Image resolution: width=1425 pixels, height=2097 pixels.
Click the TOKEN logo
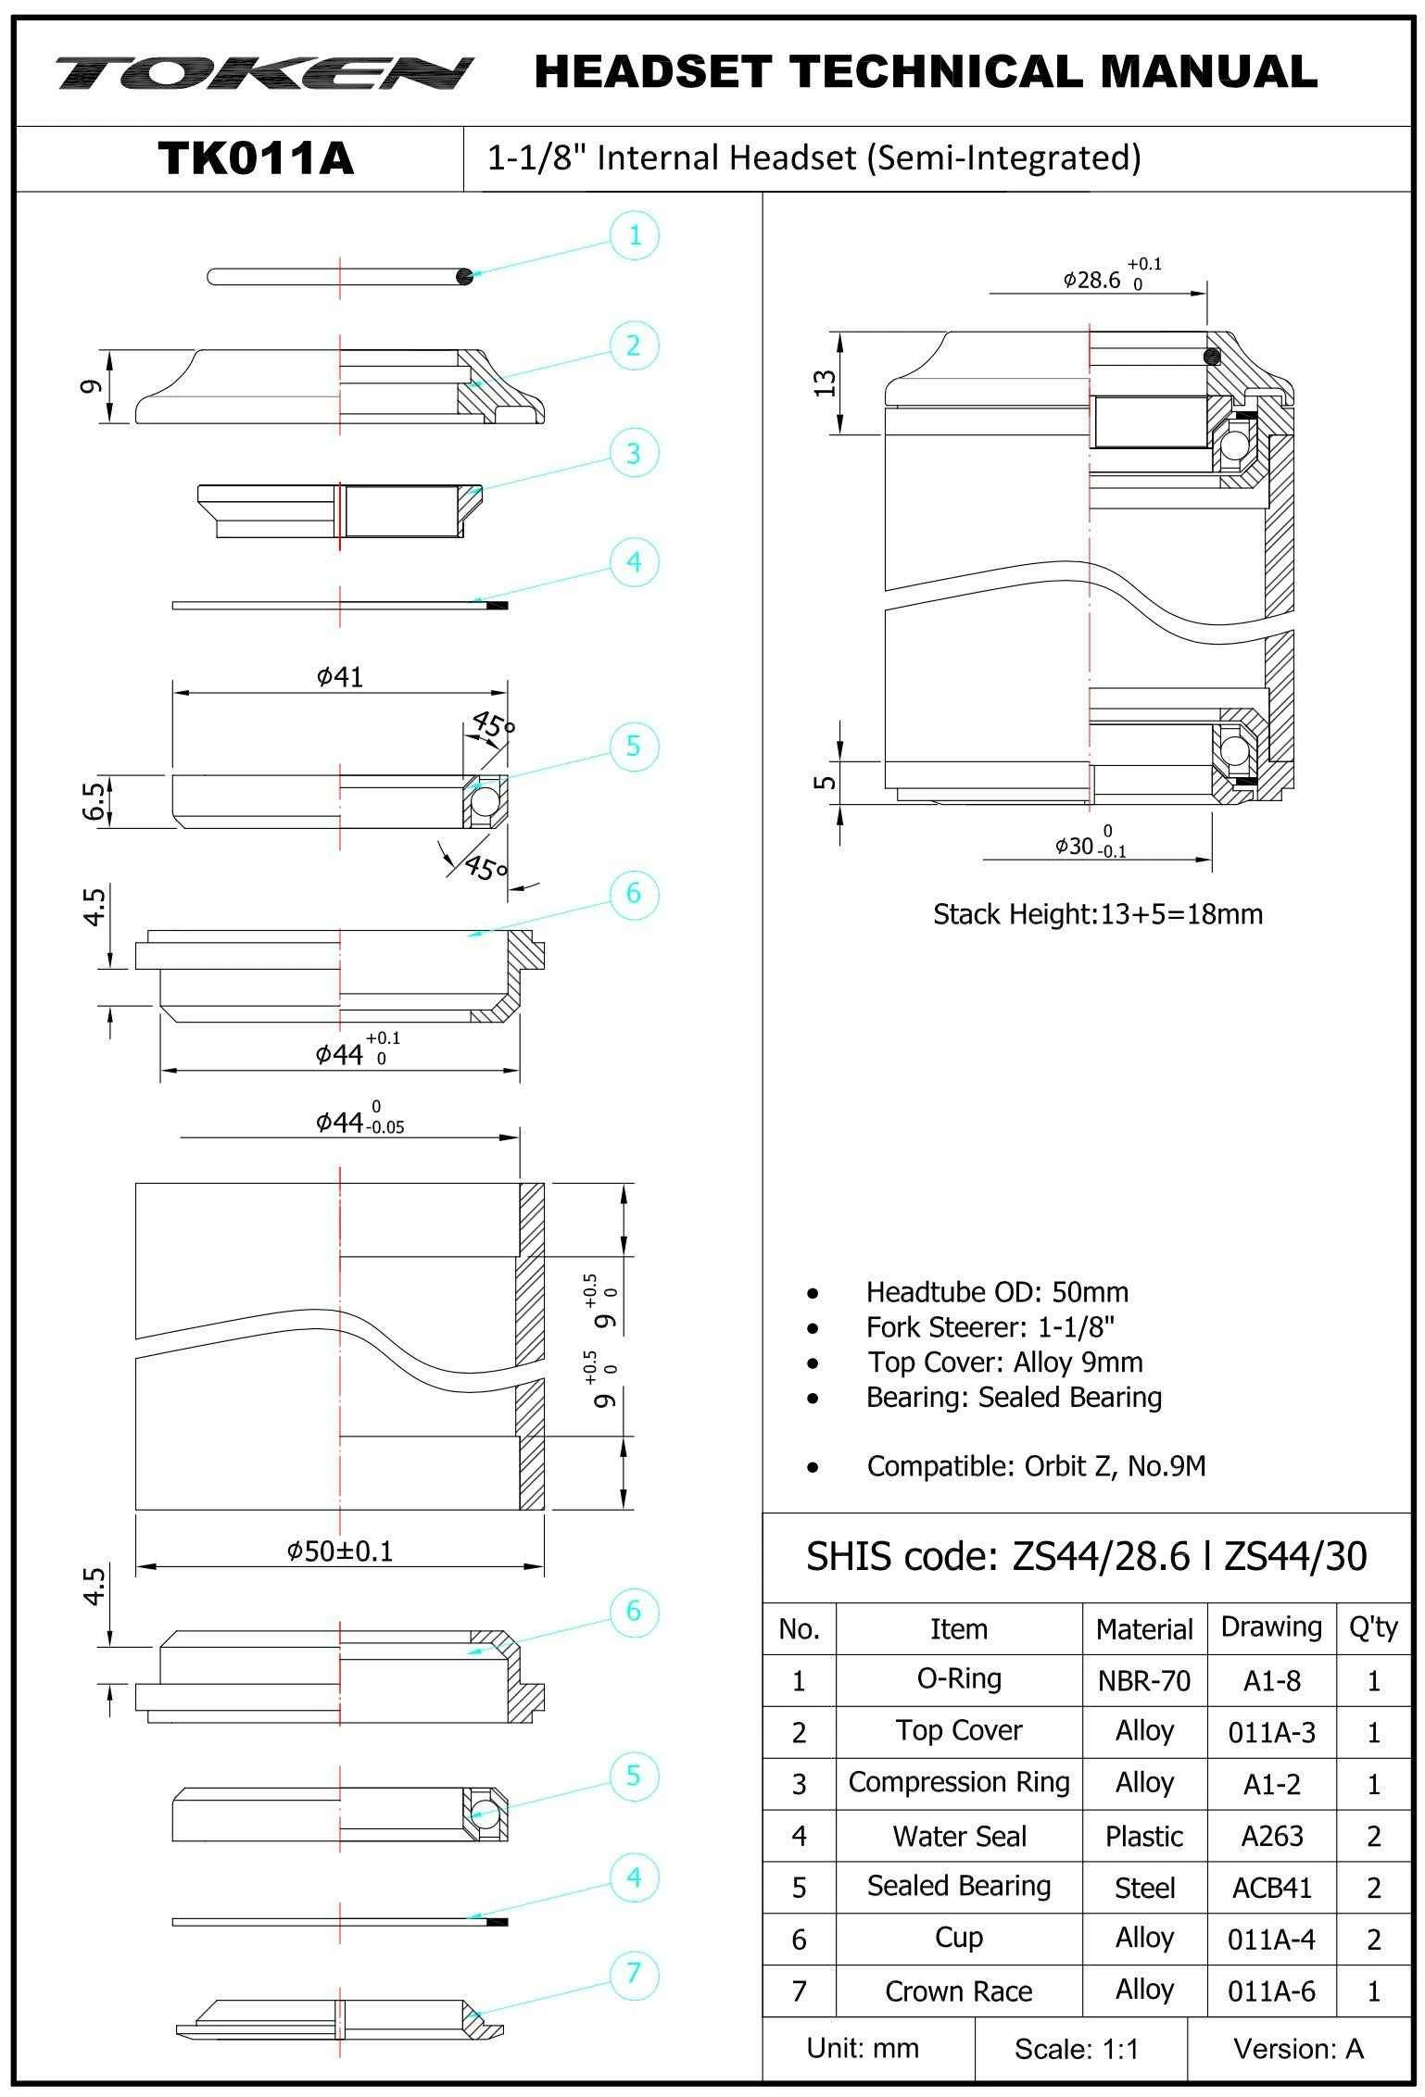pos(264,73)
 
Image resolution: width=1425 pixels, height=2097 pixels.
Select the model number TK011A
pos(256,158)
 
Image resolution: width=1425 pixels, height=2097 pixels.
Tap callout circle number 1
pos(635,235)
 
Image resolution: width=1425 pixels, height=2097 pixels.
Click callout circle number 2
pos(634,345)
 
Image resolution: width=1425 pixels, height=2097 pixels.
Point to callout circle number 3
pos(634,454)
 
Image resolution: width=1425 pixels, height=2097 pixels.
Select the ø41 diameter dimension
pos(339,677)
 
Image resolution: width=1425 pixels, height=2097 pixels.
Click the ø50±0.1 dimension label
pos(339,1551)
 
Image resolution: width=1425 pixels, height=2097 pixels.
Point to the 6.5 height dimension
pos(93,800)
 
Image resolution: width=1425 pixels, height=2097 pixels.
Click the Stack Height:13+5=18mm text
pos(1097,914)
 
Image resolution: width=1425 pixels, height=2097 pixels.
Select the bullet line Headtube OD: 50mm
pos(997,1292)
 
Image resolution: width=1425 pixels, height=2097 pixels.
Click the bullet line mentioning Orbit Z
pos(1036,1466)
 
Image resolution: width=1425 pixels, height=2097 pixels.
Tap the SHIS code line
pos(1086,1557)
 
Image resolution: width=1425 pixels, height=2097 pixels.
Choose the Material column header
pos(1144,1629)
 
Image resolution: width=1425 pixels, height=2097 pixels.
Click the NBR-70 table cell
pos(1144,1681)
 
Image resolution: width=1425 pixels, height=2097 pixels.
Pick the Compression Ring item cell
pos(959,1783)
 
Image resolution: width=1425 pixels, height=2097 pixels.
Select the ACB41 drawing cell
pos(1271,1888)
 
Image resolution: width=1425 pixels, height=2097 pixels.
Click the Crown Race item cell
pos(959,1991)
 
